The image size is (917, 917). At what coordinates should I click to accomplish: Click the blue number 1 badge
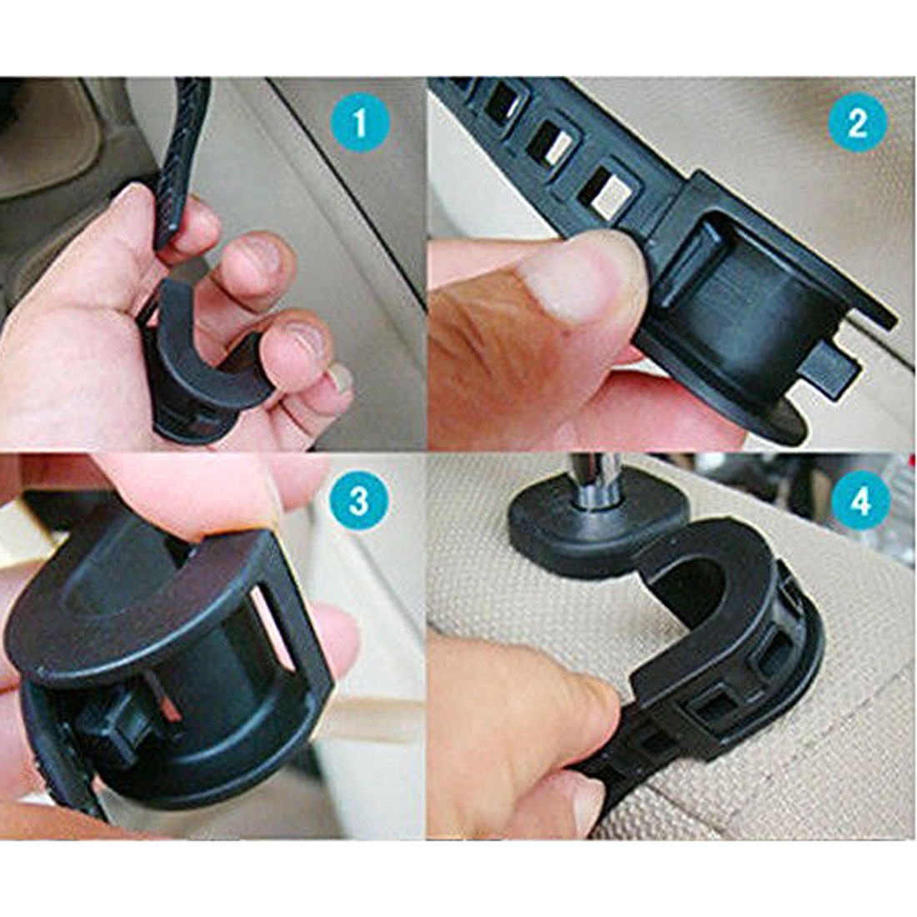[359, 123]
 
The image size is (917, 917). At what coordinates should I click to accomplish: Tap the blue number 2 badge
[857, 123]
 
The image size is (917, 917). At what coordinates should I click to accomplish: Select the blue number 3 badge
[359, 502]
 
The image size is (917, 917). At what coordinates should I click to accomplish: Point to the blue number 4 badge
[860, 502]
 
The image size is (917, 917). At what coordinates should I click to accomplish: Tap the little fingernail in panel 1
[339, 380]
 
